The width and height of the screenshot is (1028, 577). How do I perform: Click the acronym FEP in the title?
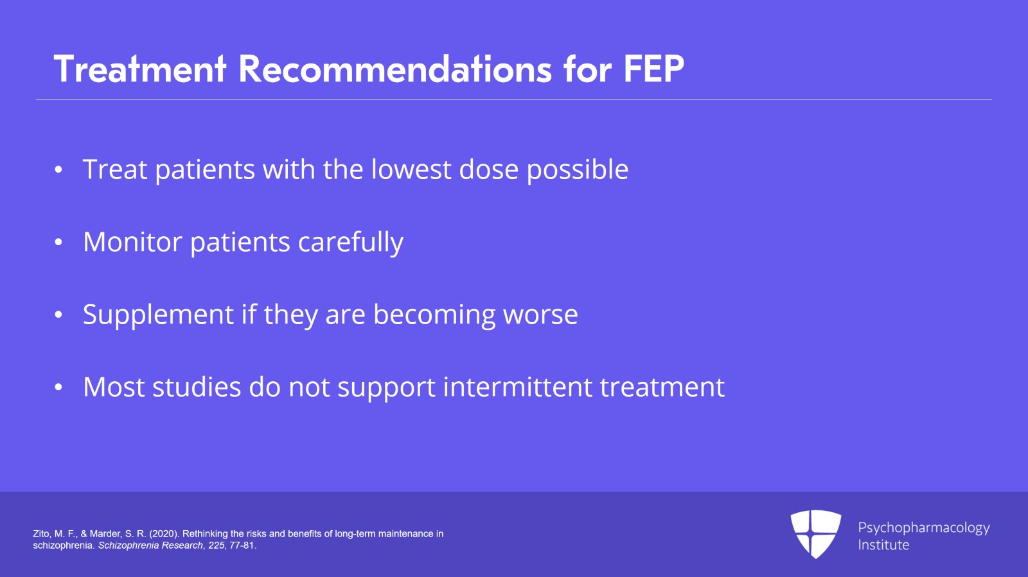653,69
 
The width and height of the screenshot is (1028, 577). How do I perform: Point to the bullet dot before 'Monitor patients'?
58,243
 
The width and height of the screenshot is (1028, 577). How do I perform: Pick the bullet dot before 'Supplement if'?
58,315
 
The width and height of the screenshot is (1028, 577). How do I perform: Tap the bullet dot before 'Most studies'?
58,387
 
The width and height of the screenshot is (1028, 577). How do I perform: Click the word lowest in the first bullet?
411,169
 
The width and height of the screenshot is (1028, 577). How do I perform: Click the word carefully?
351,242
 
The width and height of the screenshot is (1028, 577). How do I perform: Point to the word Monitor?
132,241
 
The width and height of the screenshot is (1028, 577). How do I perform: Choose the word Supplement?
158,315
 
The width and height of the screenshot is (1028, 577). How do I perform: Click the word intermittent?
518,386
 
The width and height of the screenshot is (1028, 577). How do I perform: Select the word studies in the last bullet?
197,386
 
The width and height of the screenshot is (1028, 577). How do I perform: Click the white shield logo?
815,534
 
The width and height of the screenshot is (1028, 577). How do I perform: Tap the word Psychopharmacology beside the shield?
923,528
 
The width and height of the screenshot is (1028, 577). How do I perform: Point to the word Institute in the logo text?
883,545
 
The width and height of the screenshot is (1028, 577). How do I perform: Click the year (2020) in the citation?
163,534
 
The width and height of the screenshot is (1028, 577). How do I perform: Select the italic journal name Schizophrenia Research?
150,546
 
